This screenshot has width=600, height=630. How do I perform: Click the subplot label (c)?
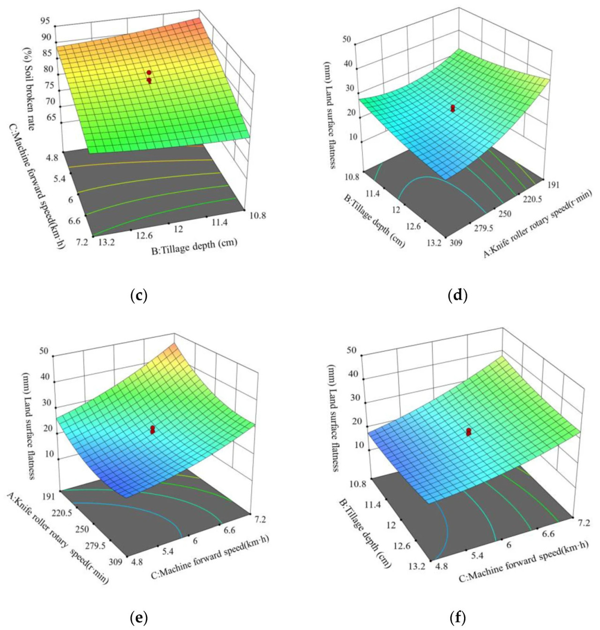pyautogui.click(x=139, y=295)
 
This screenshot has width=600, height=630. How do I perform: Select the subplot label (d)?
pyautogui.click(x=457, y=295)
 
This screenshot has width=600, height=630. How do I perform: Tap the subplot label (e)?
pyautogui.click(x=139, y=618)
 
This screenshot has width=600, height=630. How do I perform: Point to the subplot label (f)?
pyautogui.click(x=457, y=618)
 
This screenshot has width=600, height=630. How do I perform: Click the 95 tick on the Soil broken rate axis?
pyautogui.click(x=45, y=21)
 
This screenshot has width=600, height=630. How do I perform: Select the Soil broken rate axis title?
pyautogui.click(x=30, y=90)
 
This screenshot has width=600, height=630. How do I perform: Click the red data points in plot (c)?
pyautogui.click(x=149, y=76)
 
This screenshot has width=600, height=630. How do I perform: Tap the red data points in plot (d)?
pyautogui.click(x=453, y=108)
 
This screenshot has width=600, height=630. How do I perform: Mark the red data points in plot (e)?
pyautogui.click(x=152, y=429)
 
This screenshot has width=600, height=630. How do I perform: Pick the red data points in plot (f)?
pyautogui.click(x=468, y=432)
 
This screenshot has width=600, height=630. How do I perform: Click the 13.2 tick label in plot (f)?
pyautogui.click(x=417, y=566)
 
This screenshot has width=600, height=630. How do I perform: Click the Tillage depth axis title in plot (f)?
pyautogui.click(x=364, y=533)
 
